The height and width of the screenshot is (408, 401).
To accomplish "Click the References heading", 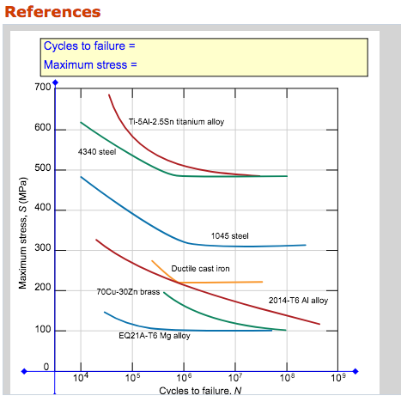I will click(x=52, y=11).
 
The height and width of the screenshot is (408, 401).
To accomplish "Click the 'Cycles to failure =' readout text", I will click(x=89, y=46).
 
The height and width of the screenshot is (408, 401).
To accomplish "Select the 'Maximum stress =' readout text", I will click(x=89, y=64).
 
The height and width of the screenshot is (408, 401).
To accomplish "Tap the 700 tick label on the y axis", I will click(x=42, y=88).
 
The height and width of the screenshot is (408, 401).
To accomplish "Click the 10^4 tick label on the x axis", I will click(x=81, y=378).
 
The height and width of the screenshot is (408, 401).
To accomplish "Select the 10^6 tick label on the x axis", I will click(x=184, y=378).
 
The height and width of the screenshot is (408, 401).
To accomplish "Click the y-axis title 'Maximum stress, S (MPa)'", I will click(x=24, y=232).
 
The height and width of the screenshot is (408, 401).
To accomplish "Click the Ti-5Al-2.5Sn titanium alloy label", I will click(x=176, y=122).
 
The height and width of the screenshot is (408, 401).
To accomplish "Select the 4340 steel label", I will click(x=95, y=152).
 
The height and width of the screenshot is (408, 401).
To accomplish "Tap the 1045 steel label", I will click(x=229, y=235).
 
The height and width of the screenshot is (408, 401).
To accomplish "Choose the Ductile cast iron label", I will click(x=200, y=269).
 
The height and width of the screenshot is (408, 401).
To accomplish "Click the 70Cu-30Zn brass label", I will click(x=128, y=292).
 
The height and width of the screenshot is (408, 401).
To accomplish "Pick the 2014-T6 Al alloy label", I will click(x=298, y=301).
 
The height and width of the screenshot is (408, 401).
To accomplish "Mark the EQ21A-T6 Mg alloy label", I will click(x=155, y=336).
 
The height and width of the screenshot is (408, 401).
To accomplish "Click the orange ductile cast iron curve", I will click(x=223, y=282).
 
